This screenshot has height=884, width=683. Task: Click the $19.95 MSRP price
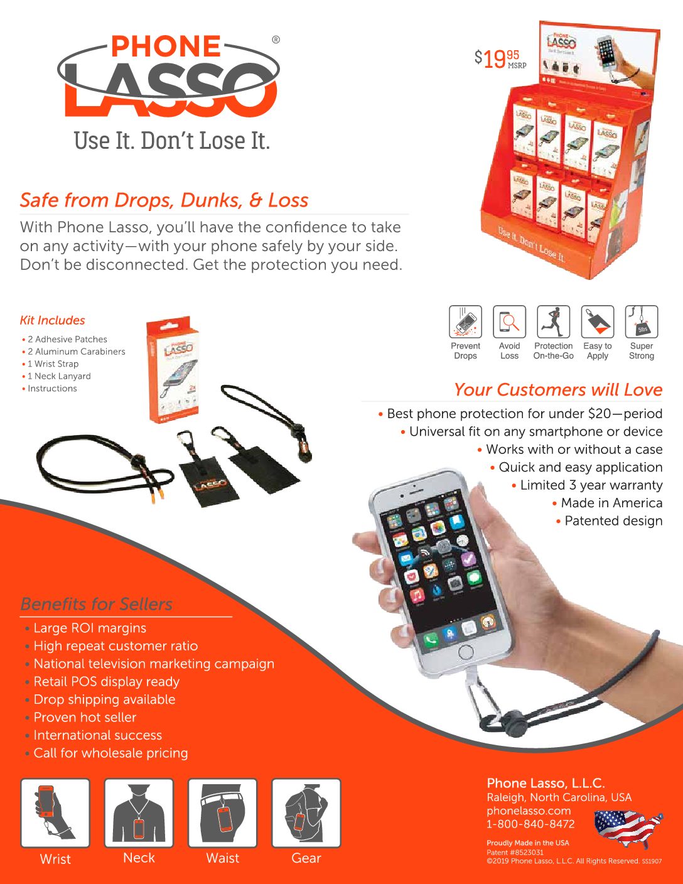(x=500, y=59)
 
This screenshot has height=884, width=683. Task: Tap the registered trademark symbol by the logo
(x=276, y=40)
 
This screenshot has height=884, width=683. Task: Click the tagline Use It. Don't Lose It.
(x=171, y=141)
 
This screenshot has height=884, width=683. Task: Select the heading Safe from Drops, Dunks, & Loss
(x=164, y=200)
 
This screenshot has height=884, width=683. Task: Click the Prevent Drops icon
(x=465, y=322)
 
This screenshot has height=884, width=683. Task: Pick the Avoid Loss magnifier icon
(x=509, y=322)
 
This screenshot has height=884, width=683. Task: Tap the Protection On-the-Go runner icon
(x=553, y=322)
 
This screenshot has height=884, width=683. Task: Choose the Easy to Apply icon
(x=598, y=322)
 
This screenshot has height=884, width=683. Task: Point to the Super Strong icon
(x=642, y=322)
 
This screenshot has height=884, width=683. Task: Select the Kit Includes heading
(x=52, y=320)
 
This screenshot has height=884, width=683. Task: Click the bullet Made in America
(x=611, y=503)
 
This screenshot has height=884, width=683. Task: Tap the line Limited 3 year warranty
(x=591, y=485)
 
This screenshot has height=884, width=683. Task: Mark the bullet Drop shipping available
(x=104, y=699)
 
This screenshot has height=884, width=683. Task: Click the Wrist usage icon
(x=55, y=813)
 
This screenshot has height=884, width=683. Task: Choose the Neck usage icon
(x=139, y=813)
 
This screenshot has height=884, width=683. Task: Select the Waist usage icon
(x=223, y=813)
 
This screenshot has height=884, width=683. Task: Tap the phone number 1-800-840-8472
(x=530, y=824)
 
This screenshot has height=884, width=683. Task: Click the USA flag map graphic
(x=627, y=827)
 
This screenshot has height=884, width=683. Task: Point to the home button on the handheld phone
(x=465, y=652)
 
